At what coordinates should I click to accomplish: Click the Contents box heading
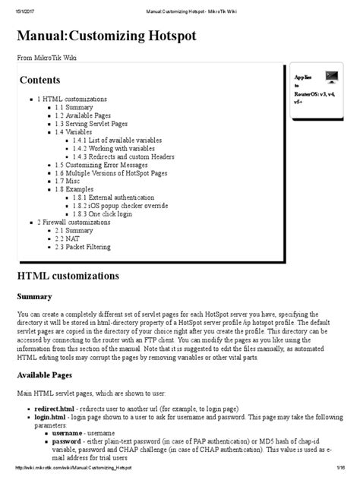[39, 80]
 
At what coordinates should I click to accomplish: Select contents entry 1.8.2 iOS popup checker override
[121, 206]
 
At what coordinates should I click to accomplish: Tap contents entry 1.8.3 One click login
[105, 214]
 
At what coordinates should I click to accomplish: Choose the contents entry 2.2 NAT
[68, 238]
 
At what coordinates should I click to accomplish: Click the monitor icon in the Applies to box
[331, 77]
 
